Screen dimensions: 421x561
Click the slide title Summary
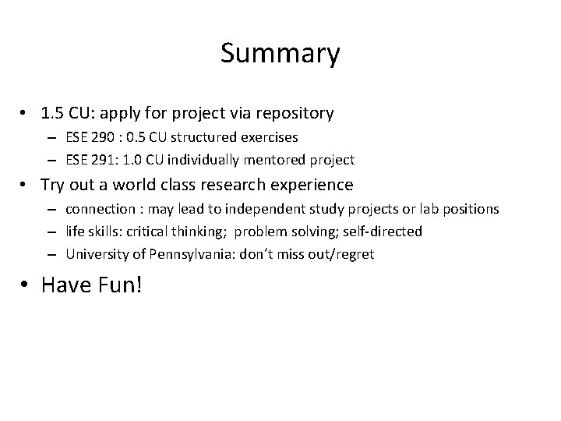tap(280, 54)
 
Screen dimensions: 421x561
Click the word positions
tap(472, 210)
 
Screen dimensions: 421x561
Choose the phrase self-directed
tap(385, 232)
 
